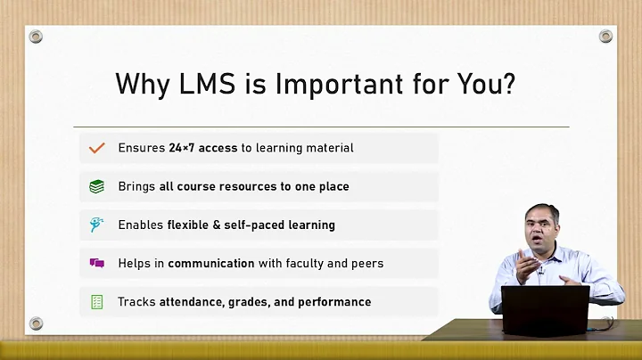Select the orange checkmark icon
point(97,148)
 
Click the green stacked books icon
point(97,186)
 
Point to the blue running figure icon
point(97,225)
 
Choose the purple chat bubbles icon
point(97,263)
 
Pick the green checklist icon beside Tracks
point(97,301)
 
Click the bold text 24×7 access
point(203,148)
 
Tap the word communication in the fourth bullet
point(210,263)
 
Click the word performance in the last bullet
point(334,302)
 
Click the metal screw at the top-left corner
point(36,37)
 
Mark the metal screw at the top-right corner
point(606,37)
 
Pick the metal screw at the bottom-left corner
point(36,323)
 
